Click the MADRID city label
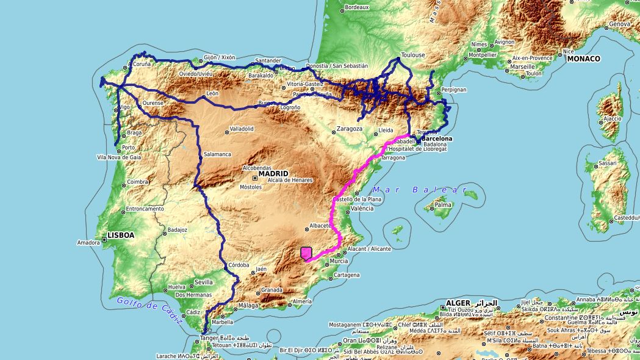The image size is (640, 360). click(273, 174)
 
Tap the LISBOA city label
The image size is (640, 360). click(121, 235)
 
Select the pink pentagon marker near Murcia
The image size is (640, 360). click(306, 253)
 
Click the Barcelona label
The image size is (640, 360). click(437, 139)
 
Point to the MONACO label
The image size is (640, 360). click(583, 59)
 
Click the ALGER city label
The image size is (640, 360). click(458, 303)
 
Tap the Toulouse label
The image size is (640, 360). click(413, 55)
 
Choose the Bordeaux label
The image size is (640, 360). click(357, 7)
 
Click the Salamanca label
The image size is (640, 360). click(218, 154)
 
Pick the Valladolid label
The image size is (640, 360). click(241, 129)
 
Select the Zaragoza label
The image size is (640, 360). click(350, 129)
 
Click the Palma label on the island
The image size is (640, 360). click(444, 205)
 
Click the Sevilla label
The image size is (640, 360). click(203, 282)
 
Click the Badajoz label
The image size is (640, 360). click(177, 230)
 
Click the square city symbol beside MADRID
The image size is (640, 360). click(254, 178)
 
